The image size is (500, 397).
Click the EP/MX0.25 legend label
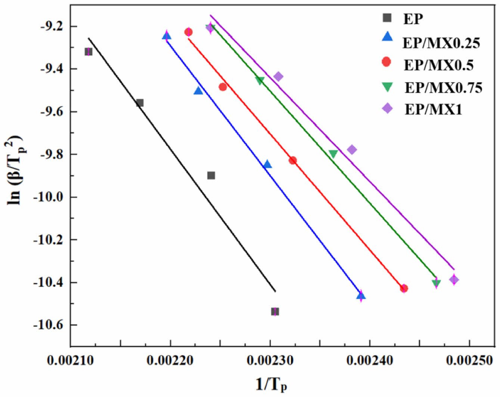(441, 43)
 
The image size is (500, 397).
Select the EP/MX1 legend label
(433, 109)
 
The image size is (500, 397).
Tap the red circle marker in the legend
(386, 62)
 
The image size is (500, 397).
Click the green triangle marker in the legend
(387, 87)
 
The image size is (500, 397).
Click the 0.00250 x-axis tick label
(469, 360)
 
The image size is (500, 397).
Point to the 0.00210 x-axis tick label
(70, 360)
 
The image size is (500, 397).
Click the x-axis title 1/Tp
(271, 384)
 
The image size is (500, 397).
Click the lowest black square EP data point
(275, 311)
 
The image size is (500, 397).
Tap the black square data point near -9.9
(211, 175)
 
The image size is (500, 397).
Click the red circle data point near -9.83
(293, 160)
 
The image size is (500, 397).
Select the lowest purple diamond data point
(454, 279)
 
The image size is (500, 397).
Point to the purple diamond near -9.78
(352, 150)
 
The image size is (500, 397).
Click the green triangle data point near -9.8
(333, 153)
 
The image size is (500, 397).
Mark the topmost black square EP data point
(88, 52)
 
